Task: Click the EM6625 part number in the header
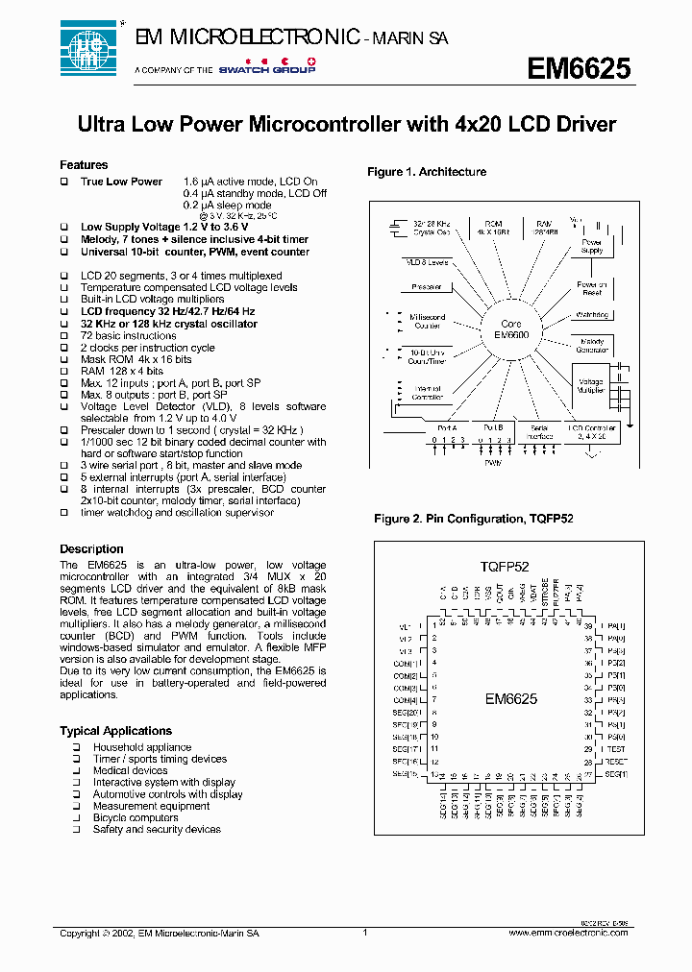(x=579, y=68)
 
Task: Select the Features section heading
(x=84, y=165)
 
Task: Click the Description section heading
(x=91, y=549)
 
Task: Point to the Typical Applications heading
(x=115, y=731)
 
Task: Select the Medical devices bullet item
(x=130, y=770)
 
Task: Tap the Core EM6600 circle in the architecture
(x=510, y=329)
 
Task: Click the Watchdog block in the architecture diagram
(x=591, y=314)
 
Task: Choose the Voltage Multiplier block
(x=590, y=386)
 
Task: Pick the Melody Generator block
(x=591, y=346)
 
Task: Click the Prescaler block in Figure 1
(x=427, y=286)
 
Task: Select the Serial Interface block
(x=542, y=431)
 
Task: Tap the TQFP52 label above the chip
(x=505, y=568)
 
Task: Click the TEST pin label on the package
(x=614, y=749)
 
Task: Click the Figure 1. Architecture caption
(x=427, y=172)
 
